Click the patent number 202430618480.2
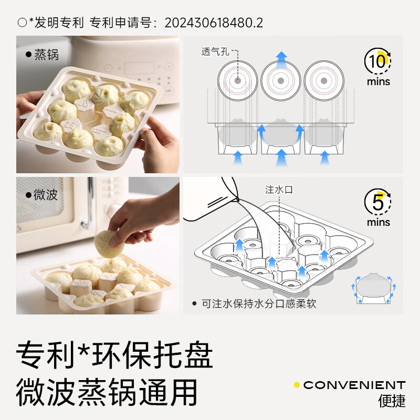coord(214,23)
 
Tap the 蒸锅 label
coord(46,54)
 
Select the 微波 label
coord(46,195)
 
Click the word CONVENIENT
coord(354,385)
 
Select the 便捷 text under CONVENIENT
coord(392,401)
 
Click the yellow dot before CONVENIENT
coord(297,385)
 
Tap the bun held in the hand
coord(109,243)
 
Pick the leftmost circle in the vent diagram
coord(238,81)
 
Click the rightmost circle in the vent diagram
coord(324,81)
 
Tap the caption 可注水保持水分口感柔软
coord(257,303)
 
